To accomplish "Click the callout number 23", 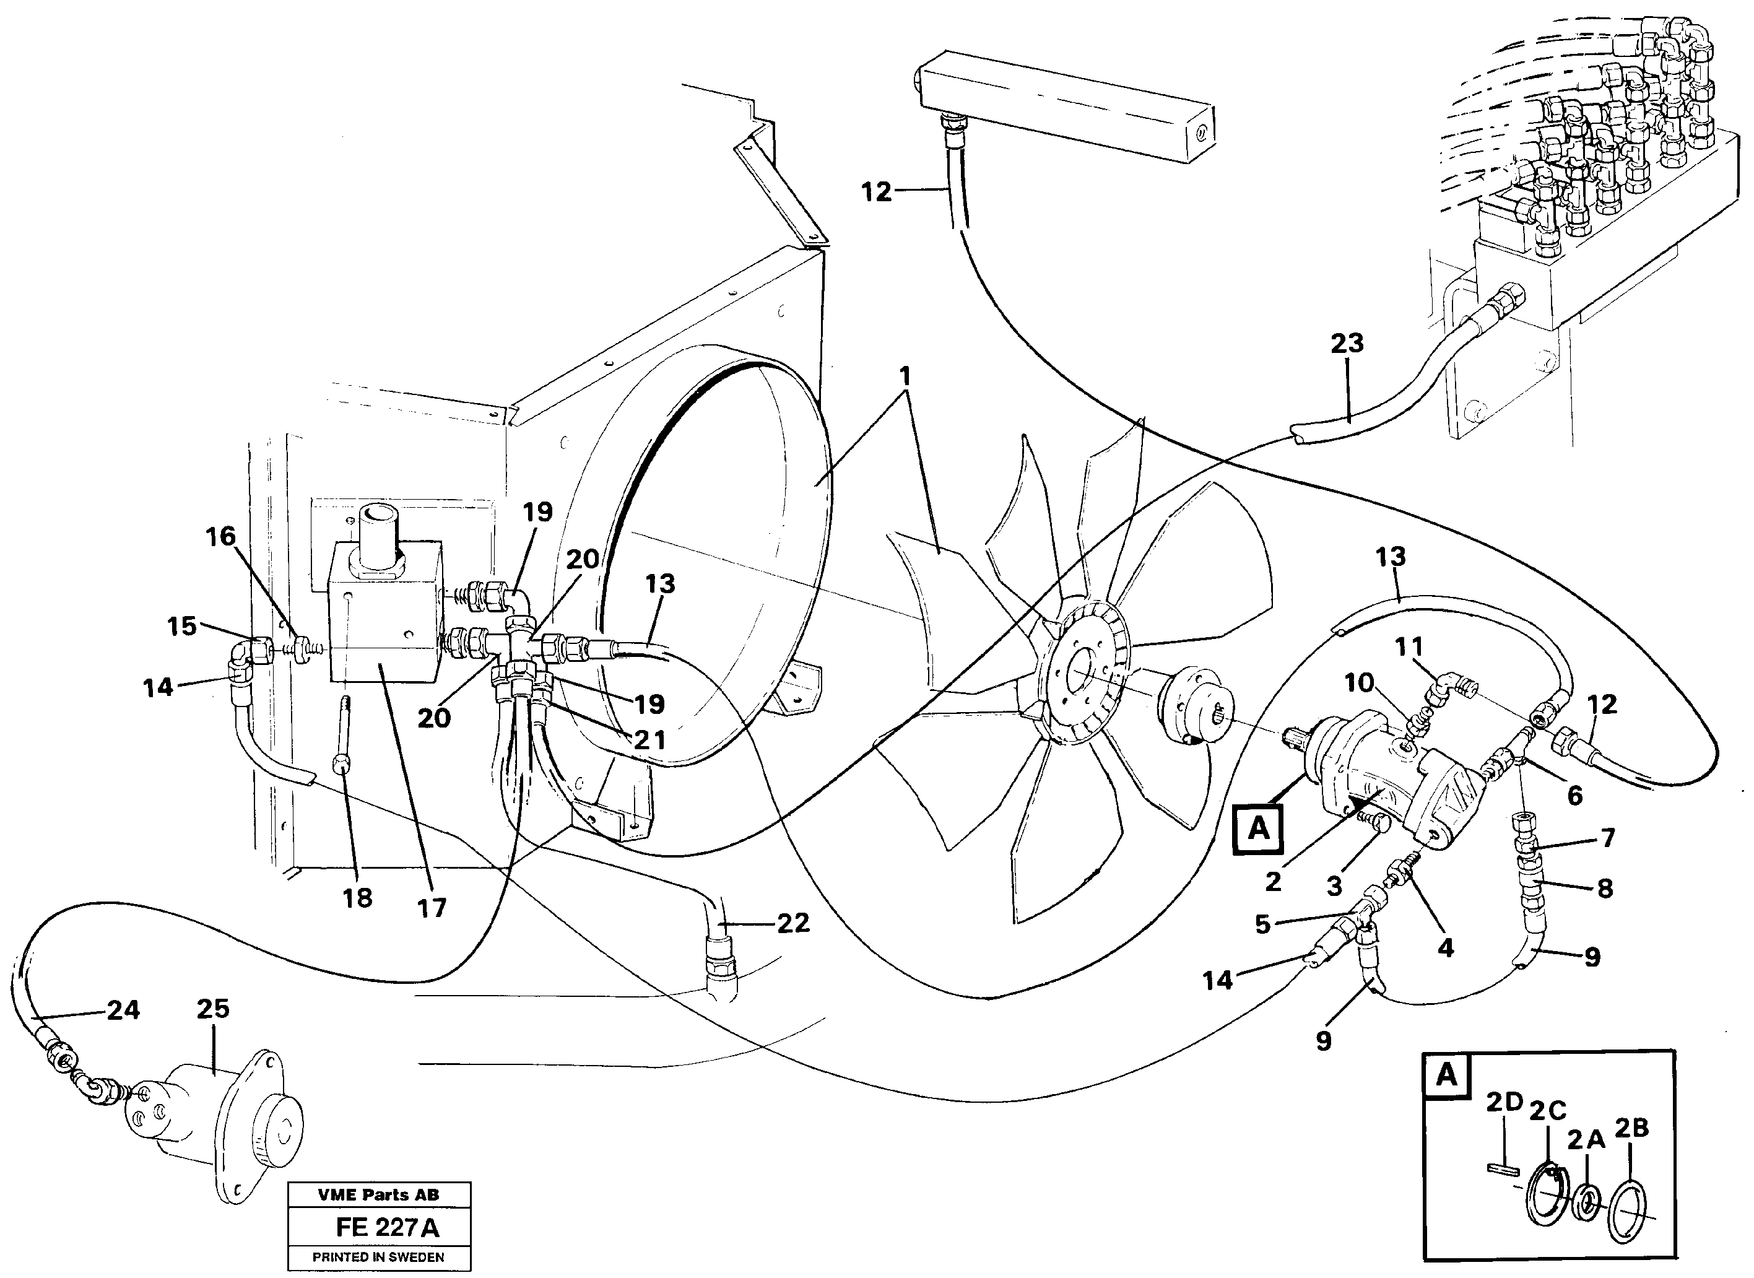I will [1347, 342].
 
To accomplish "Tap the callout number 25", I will [213, 1009].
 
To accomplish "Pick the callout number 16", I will [220, 536].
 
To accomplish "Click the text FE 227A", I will [387, 1228].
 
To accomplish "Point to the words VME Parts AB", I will [378, 1194].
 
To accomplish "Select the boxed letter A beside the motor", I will [1258, 828].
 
